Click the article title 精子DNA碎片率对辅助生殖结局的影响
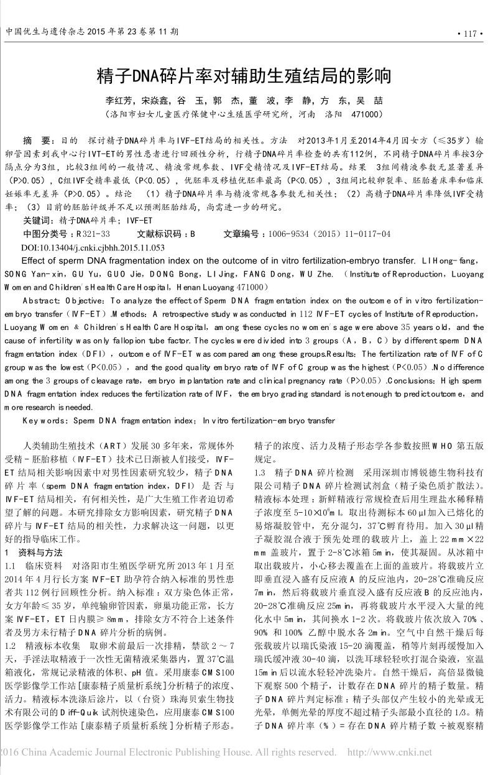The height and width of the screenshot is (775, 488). pos(244,76)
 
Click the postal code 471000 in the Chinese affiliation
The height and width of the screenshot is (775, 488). pos(367,115)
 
